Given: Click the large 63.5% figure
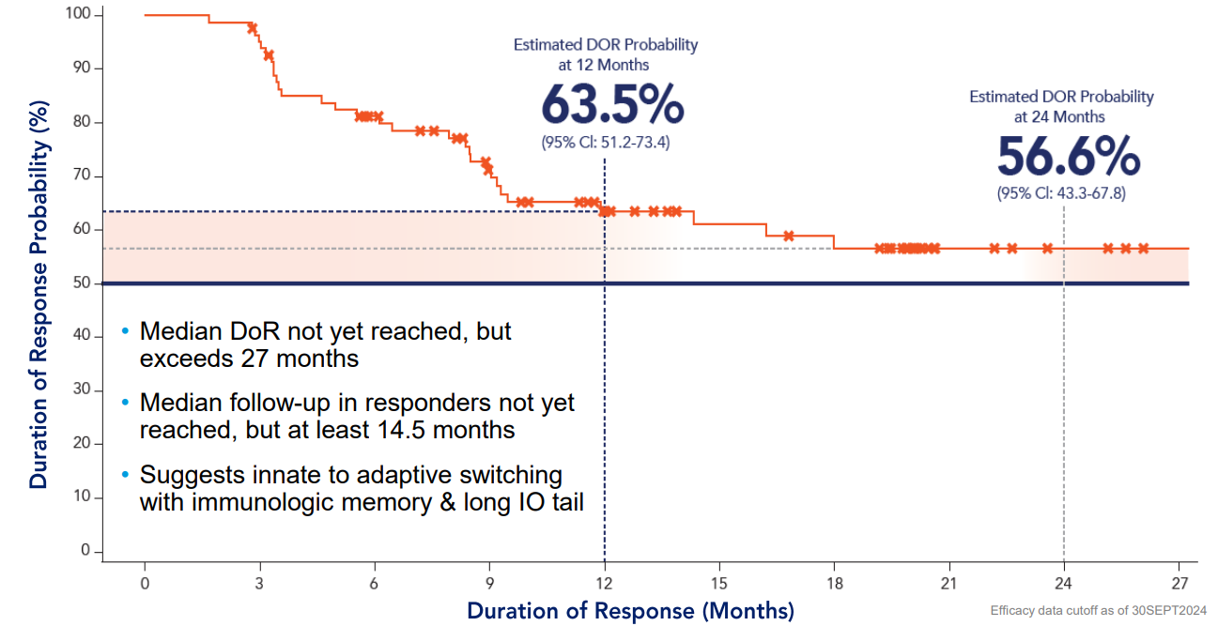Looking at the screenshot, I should [x=612, y=105].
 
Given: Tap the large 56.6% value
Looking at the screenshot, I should [x=1068, y=157].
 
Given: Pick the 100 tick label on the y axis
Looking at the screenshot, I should [x=78, y=15].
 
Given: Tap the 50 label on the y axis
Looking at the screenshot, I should [x=82, y=283].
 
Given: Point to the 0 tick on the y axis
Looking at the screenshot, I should [x=85, y=551].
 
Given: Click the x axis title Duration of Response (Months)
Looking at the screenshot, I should [x=630, y=611].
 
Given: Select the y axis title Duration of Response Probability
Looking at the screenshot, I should [x=38, y=282].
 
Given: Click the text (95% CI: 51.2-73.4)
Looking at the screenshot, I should [x=605, y=144].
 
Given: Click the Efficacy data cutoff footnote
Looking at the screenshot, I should [x=1098, y=611].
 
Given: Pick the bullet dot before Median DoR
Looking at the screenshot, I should [x=126, y=332].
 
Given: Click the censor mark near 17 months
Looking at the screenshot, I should [x=789, y=236].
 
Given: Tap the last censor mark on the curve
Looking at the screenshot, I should [x=1143, y=249].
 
